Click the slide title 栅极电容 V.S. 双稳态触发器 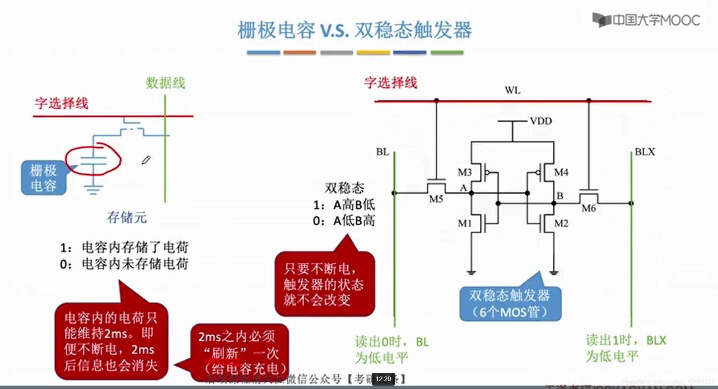[355, 30]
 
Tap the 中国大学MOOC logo [646, 20]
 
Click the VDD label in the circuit [541, 121]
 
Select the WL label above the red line [512, 91]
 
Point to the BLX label [644, 152]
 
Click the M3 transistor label [465, 172]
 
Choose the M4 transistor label [561, 172]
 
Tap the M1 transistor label [465, 223]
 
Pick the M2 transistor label [561, 223]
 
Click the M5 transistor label [436, 199]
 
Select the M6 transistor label [589, 208]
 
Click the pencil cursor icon [146, 160]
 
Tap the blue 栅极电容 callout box [44, 178]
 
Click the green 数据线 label [166, 83]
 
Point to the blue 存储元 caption [127, 217]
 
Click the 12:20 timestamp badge [383, 379]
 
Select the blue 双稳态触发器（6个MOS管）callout [510, 304]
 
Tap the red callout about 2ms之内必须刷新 [240, 352]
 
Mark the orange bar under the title [299, 53]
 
